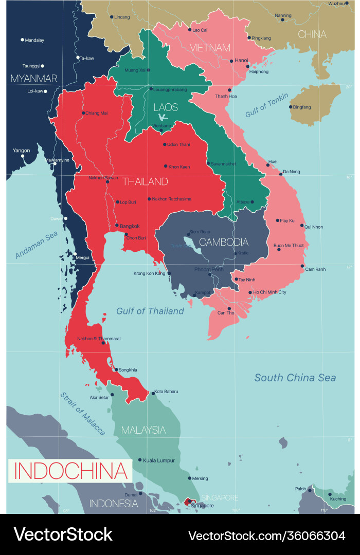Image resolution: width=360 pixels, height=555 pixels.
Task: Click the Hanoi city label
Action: [x=242, y=60]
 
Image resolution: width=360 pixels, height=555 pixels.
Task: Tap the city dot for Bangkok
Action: [x=117, y=226]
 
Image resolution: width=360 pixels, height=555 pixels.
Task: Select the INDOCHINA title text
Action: [x=70, y=471]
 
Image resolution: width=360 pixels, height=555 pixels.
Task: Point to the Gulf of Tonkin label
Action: [x=266, y=105]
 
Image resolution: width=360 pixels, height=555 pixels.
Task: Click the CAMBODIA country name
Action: [x=224, y=242]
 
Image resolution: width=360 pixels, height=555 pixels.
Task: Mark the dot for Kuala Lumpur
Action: [x=139, y=460]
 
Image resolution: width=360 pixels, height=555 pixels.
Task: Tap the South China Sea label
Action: [x=295, y=378]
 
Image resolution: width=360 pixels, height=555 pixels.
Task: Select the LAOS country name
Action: [x=166, y=107]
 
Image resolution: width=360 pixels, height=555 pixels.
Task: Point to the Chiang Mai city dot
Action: [x=83, y=113]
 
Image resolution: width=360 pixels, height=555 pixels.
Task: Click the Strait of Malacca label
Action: [x=83, y=414]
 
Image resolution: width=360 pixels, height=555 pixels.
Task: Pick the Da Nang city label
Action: [x=292, y=172]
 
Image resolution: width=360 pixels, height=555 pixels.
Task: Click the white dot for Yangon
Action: [x=23, y=156]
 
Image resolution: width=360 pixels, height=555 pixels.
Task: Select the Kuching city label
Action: [x=338, y=499]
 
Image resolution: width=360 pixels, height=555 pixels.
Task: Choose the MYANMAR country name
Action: [x=33, y=79]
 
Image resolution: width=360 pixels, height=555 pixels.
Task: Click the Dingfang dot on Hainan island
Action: [x=291, y=107]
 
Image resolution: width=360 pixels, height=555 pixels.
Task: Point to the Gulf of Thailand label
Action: [x=150, y=311]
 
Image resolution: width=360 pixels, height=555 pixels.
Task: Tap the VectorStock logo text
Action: [x=63, y=534]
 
